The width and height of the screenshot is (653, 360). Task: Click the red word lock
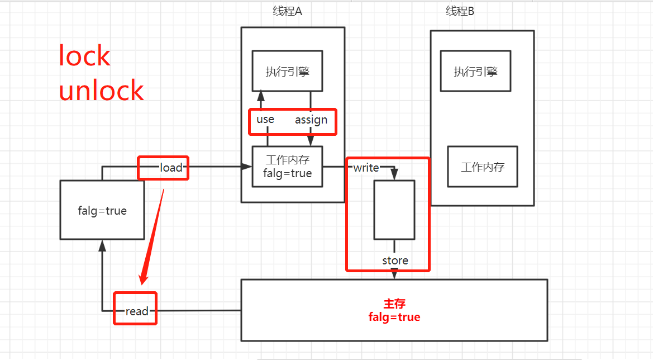tap(85, 56)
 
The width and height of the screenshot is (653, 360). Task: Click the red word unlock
tap(101, 91)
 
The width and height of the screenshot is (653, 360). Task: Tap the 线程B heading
tap(460, 11)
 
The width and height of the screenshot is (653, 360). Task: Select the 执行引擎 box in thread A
tap(287, 71)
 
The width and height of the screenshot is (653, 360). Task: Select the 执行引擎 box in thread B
tap(475, 71)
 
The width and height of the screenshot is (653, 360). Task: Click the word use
tap(265, 120)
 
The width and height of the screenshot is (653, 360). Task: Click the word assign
tap(311, 120)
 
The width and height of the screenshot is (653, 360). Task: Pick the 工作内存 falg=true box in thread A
tap(287, 167)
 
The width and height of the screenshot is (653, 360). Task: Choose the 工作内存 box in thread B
tap(482, 167)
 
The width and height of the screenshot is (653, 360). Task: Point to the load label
tap(171, 168)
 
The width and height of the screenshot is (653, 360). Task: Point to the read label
tap(137, 311)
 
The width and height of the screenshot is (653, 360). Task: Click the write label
tap(366, 168)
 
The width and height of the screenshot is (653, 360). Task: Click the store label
tap(395, 260)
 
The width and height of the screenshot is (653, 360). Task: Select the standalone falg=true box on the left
tap(102, 211)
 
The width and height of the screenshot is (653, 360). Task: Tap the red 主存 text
tap(394, 304)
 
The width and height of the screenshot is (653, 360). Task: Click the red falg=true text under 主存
tap(394, 318)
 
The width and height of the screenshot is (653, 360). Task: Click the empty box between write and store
tap(394, 210)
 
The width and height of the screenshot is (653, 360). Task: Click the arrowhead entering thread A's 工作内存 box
tap(246, 167)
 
